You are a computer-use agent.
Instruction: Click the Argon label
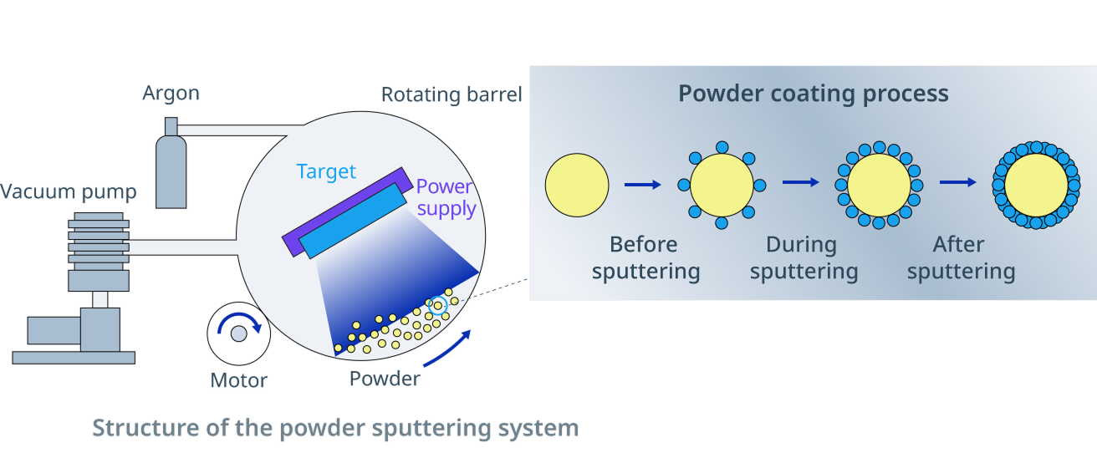coord(171,93)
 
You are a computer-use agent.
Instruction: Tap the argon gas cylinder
coord(171,167)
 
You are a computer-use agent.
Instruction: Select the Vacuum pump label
coord(68,193)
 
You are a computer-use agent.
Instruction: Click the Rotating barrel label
coord(452,94)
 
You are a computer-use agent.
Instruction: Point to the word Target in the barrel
coord(326,172)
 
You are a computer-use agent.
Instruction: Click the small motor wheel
coord(238,332)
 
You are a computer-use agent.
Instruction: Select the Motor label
coord(238,381)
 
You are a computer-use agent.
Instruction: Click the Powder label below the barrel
coord(385,379)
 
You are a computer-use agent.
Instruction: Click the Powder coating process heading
coord(813,94)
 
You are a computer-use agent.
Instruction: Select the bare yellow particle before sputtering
coord(577,185)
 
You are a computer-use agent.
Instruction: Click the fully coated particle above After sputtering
coord(1036,185)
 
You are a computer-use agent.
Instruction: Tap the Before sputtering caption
coord(645,258)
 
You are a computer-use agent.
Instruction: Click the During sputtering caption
coord(804,258)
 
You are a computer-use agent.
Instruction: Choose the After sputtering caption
coord(961,258)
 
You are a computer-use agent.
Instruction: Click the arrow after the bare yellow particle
coord(642,185)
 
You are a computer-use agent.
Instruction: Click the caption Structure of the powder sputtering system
coord(334,429)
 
